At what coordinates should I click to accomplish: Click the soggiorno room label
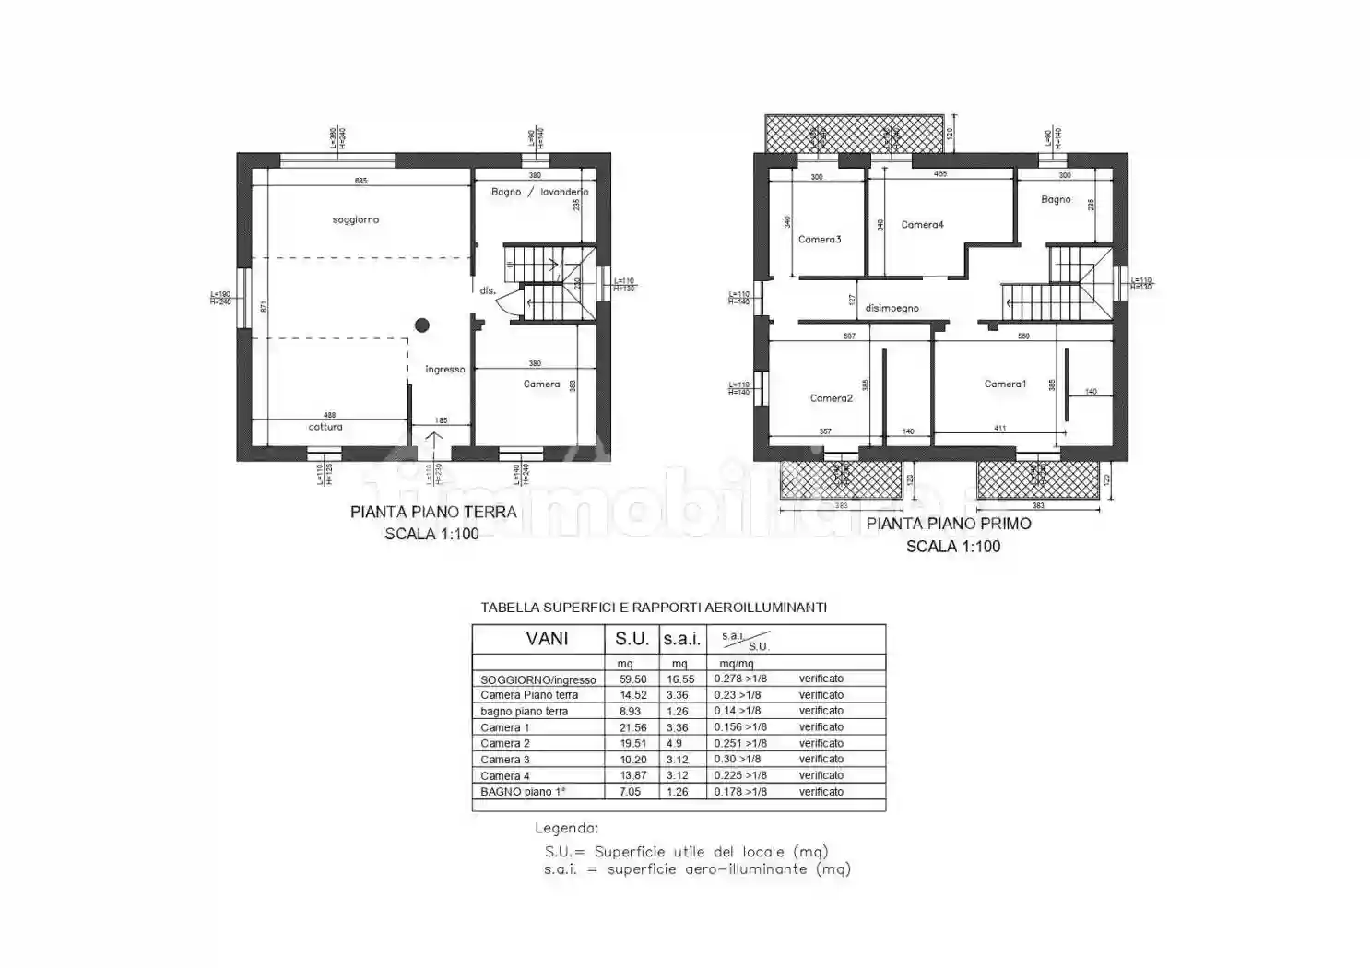tap(356, 220)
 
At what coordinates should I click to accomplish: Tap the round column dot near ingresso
tap(422, 325)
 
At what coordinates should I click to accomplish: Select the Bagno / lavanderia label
tap(539, 192)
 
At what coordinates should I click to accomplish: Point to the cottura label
tap(325, 427)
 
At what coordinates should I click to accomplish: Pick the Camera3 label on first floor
tap(819, 240)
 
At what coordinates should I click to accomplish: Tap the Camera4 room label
tap(922, 225)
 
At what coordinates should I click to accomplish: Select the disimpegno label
tap(892, 308)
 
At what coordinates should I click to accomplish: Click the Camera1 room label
tap(1004, 384)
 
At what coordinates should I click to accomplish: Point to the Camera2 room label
tap(831, 398)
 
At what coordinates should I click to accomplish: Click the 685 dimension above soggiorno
tap(360, 181)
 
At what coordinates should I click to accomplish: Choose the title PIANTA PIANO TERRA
tap(433, 512)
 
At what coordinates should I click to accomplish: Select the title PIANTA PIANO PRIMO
tap(949, 524)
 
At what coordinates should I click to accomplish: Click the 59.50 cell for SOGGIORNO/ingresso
tap(632, 679)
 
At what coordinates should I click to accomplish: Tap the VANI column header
tap(547, 639)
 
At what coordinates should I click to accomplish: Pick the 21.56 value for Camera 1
tap(632, 727)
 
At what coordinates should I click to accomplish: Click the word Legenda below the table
tap(566, 828)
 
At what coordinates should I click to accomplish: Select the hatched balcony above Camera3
tap(853, 135)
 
